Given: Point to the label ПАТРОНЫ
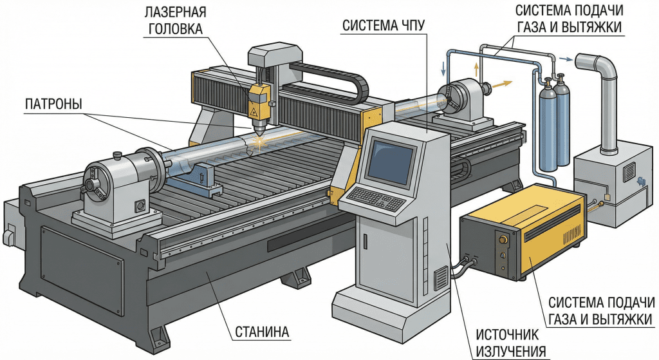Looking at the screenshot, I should (53, 103).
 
